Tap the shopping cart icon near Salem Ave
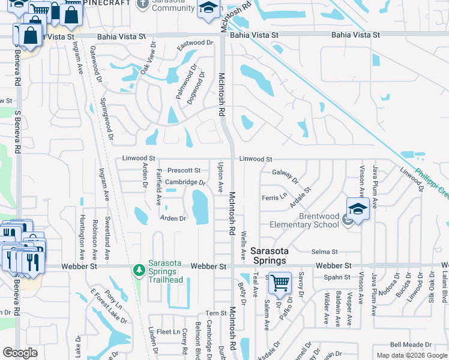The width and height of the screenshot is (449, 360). (280, 283)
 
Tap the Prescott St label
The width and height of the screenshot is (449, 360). (183, 170)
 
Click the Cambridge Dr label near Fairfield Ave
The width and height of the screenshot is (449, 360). (185, 182)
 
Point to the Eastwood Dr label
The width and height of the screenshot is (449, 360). (195, 46)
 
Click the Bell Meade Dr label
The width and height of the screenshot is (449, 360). (407, 344)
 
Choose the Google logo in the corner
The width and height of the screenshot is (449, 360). (20, 353)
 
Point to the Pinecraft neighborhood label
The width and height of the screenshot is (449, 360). (109, 3)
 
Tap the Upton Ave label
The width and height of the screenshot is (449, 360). (221, 177)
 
